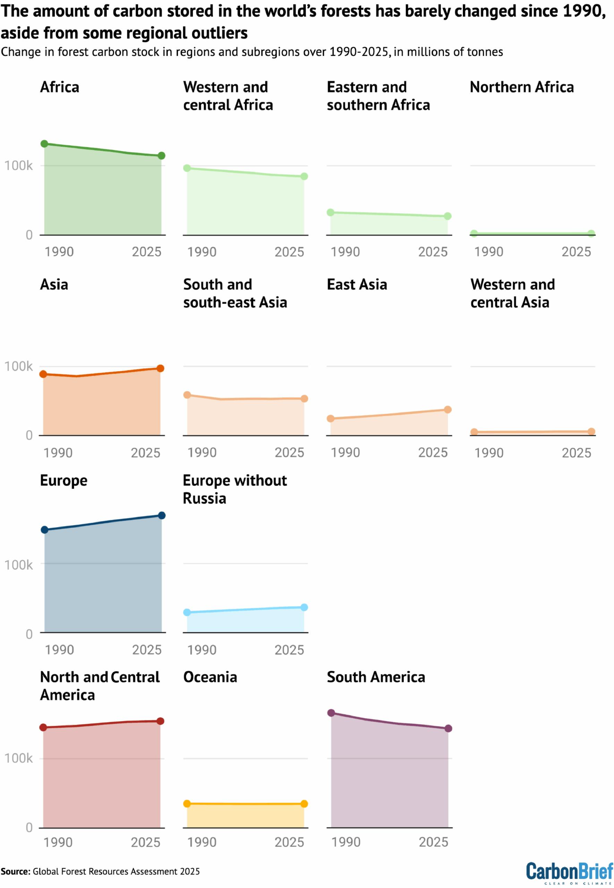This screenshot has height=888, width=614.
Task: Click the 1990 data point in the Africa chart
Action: point(44,144)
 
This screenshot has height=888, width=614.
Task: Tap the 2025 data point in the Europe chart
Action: point(162,515)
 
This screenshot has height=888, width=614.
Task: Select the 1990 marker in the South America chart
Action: point(331,712)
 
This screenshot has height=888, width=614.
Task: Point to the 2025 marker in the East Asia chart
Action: point(447,410)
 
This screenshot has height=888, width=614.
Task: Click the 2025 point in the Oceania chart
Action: point(304,804)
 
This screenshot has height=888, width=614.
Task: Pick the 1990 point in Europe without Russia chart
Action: point(187,612)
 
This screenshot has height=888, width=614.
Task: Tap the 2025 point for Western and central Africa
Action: point(304,176)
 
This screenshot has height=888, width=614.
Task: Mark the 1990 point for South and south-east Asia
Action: point(187,395)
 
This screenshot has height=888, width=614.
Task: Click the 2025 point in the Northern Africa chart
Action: point(591,233)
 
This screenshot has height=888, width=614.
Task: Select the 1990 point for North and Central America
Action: point(43,727)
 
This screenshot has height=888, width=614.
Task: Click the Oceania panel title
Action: point(210,677)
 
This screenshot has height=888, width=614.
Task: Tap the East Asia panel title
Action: point(357,284)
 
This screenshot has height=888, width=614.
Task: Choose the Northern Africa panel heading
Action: point(522,87)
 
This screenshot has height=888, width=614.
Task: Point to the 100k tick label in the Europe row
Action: point(18,565)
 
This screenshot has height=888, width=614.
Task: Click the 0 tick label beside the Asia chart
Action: point(29,435)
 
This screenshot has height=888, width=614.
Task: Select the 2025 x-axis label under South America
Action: point(433,842)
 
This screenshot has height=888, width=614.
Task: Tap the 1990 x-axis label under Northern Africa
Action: point(488,252)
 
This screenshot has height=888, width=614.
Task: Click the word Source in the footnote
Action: point(15,871)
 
